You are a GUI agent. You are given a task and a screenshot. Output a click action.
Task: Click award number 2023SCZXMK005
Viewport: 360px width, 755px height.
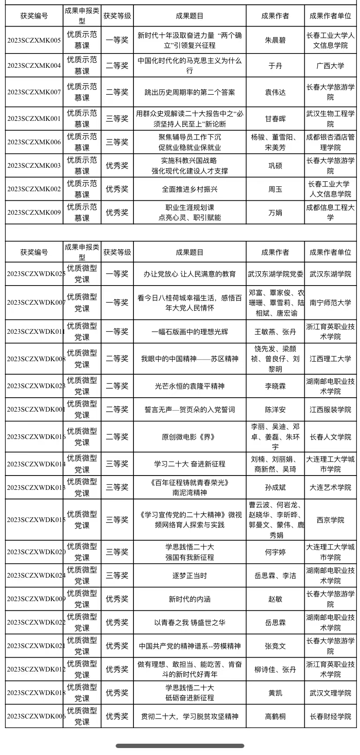34,40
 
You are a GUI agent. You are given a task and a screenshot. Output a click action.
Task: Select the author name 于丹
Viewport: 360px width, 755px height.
275,66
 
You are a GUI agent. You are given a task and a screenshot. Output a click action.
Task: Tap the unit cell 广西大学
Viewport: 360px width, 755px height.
330,66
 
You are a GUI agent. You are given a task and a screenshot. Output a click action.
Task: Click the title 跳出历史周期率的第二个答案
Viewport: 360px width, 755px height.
190,92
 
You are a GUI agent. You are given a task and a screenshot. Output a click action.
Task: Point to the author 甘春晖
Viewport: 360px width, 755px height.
275,119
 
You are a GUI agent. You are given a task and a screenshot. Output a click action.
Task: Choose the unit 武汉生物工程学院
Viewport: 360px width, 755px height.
330,119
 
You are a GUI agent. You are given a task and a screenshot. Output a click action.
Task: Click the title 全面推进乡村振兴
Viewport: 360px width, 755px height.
190,189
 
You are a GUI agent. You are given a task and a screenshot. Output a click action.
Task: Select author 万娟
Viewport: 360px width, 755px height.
275,213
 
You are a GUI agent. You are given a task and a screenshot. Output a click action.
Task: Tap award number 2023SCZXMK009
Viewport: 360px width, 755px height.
34,213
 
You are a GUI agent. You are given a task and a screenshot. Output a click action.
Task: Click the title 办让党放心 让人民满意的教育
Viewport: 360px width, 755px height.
190,274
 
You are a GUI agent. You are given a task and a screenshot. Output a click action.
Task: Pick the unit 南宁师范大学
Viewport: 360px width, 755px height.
330,303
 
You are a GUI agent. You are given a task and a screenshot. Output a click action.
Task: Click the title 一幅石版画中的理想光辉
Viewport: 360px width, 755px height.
190,332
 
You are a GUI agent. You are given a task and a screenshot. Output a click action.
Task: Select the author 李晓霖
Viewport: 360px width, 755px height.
275,386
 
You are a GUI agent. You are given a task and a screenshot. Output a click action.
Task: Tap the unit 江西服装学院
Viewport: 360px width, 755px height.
330,409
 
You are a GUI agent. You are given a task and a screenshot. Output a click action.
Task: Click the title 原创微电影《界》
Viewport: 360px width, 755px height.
190,437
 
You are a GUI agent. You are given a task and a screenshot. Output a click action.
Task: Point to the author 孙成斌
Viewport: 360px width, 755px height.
275,488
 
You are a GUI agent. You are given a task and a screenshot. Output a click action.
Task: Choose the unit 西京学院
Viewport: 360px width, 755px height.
330,520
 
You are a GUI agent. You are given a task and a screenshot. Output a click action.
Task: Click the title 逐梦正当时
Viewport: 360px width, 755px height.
190,576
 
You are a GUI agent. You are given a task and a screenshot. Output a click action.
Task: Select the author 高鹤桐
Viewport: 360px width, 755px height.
275,716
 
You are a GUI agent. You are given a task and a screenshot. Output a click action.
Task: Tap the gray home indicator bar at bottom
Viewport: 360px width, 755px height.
180,746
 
